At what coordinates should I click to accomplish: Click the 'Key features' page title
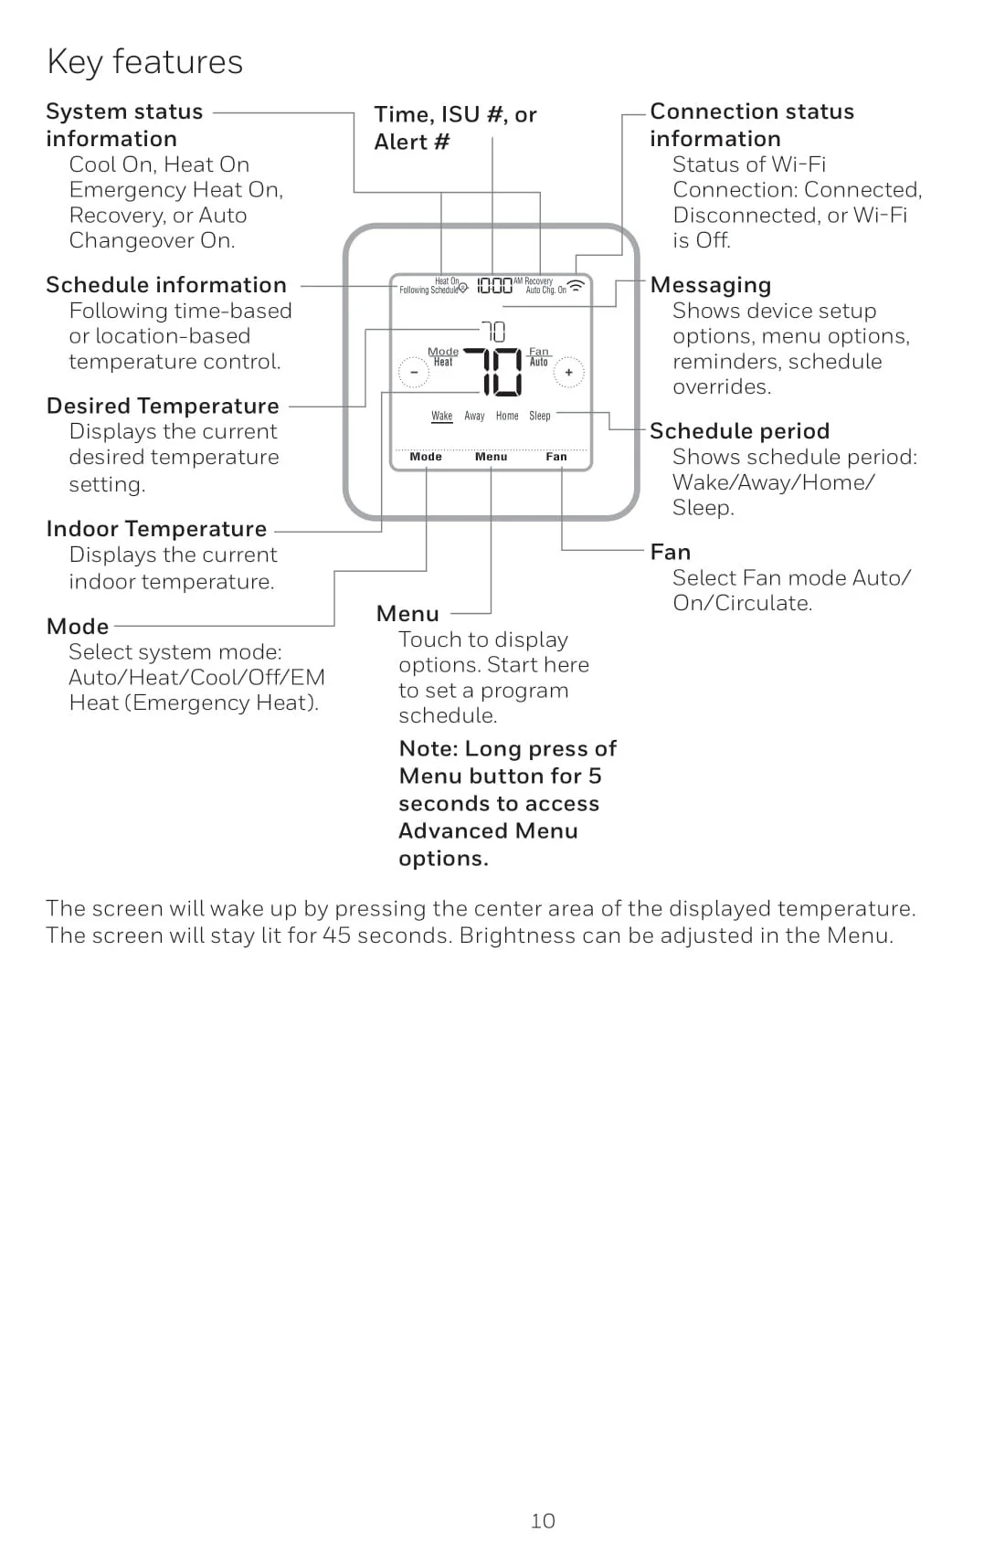point(144,62)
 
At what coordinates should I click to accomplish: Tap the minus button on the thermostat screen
point(414,373)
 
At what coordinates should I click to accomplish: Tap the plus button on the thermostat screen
point(568,373)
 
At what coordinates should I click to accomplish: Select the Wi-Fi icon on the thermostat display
point(577,286)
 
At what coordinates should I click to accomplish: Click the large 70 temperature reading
point(493,372)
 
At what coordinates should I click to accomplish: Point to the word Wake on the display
point(442,416)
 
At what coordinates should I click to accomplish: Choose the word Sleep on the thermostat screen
point(540,416)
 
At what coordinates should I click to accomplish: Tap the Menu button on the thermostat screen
point(491,457)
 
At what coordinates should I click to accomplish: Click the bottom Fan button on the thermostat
point(556,457)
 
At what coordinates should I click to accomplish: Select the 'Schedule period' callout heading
point(739,431)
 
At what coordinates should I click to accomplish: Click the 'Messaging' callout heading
point(710,285)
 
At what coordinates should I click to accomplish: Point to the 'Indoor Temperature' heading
point(156,529)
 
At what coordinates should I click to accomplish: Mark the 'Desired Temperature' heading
point(163,406)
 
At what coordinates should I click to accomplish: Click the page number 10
point(543,1521)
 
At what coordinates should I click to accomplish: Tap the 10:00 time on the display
point(494,286)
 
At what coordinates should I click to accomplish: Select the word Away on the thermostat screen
point(474,416)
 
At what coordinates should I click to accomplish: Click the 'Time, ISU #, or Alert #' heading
point(455,128)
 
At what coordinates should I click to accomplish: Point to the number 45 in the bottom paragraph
point(336,936)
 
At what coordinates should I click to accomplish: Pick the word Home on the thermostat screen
point(507,416)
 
